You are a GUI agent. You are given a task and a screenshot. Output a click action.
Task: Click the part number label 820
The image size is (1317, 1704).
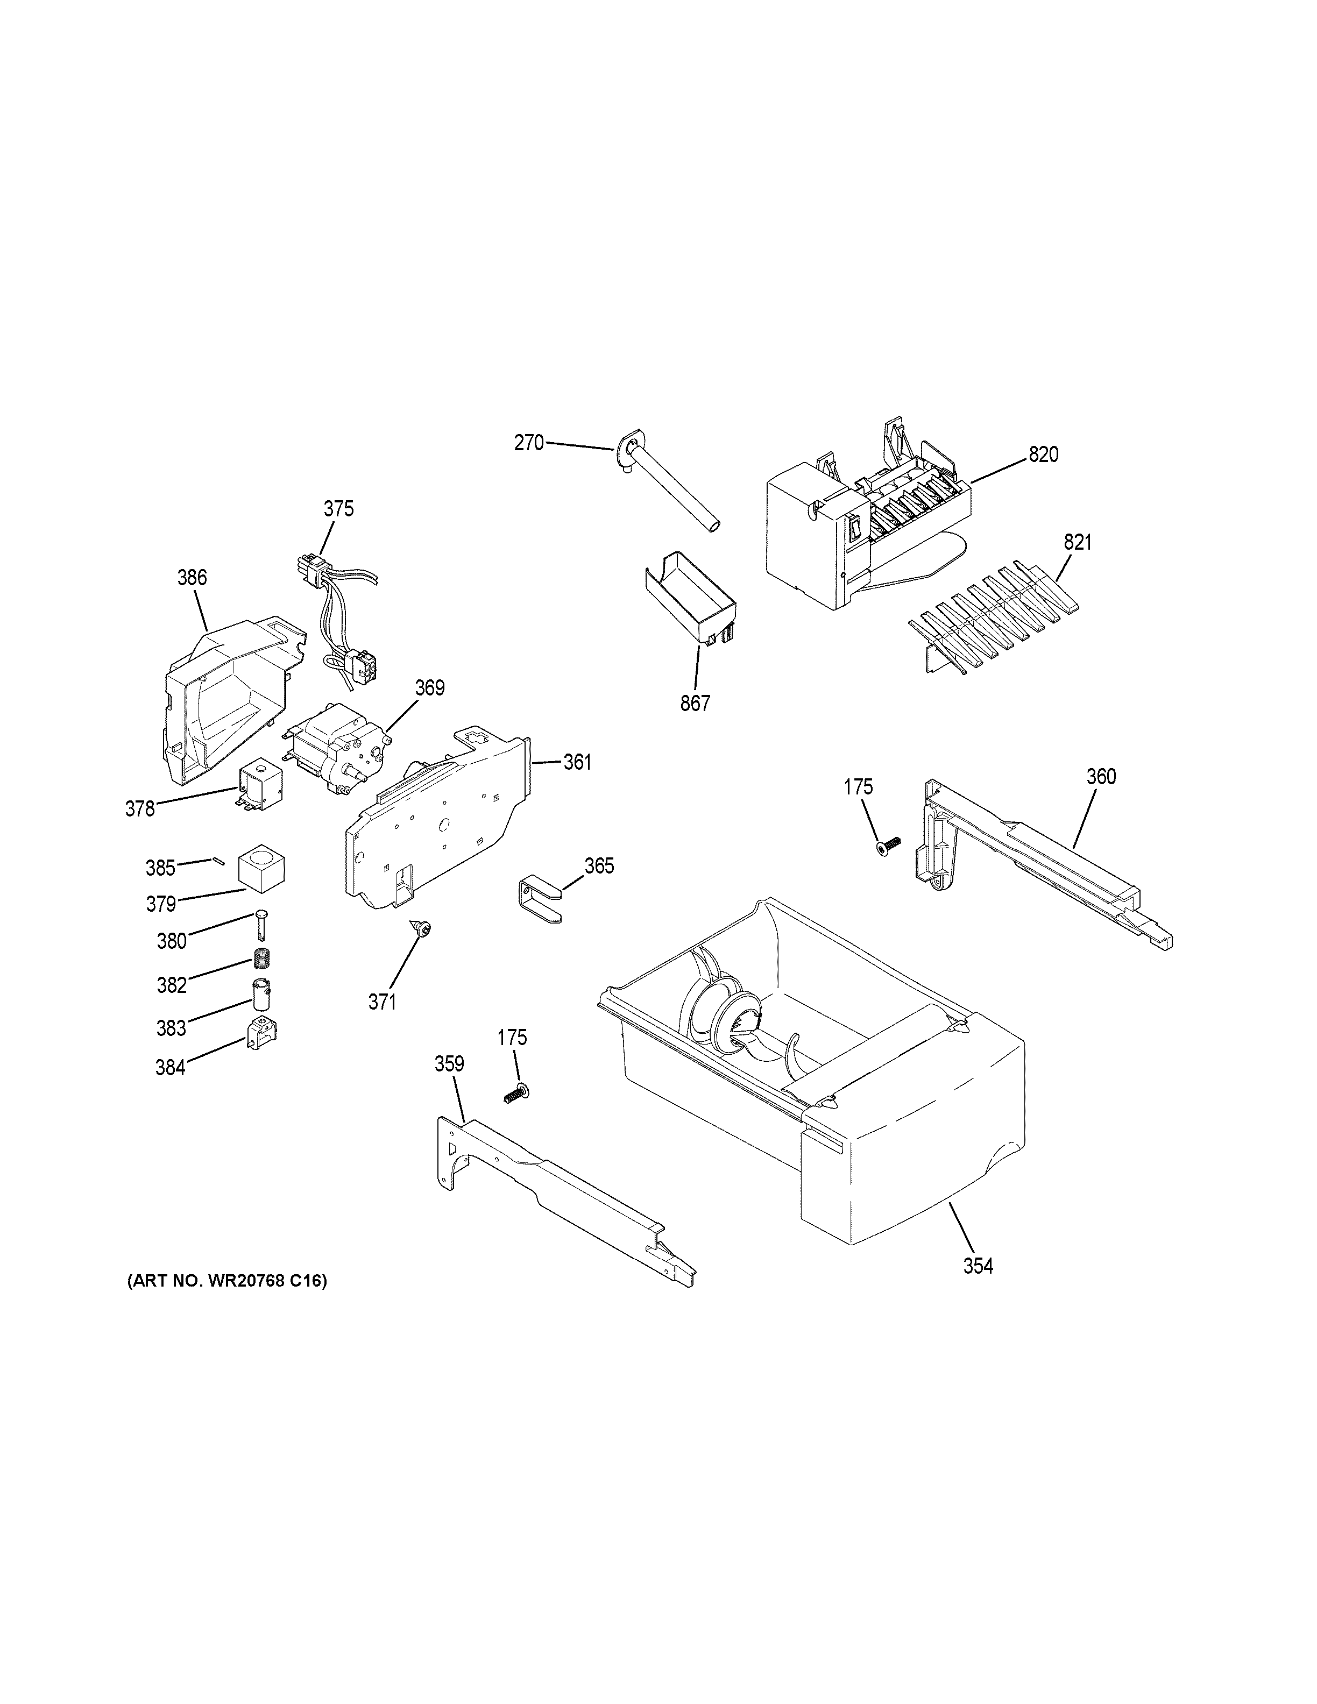1043,454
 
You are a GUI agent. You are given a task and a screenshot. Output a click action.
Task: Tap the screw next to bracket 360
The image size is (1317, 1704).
887,846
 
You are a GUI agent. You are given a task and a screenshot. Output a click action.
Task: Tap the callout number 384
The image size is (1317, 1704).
170,1067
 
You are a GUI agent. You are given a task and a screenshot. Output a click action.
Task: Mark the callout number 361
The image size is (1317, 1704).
577,762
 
